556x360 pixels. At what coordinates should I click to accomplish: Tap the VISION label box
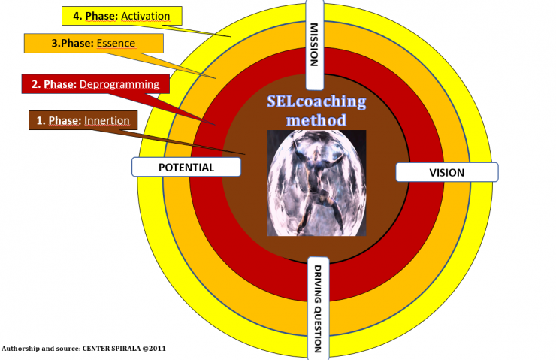pyautogui.click(x=446, y=172)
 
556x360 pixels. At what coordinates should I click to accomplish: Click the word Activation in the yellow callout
pyautogui.click(x=144, y=15)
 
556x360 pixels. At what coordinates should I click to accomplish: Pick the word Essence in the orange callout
pyautogui.click(x=116, y=44)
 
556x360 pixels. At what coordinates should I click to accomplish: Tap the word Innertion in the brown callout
pyautogui.click(x=107, y=120)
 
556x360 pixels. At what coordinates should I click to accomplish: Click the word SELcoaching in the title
pyautogui.click(x=316, y=101)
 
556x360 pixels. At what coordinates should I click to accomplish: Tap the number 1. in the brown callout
pyautogui.click(x=42, y=120)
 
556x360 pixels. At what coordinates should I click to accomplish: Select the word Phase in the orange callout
pyautogui.click(x=77, y=44)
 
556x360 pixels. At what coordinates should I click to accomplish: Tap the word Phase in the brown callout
pyautogui.click(x=65, y=120)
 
